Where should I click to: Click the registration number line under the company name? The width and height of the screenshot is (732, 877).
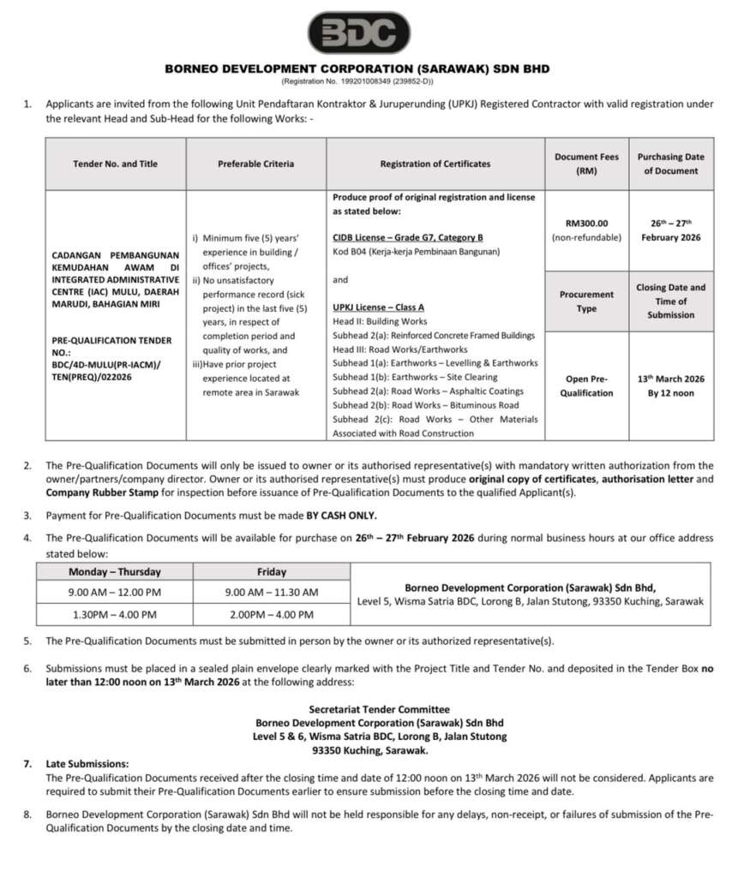(358, 81)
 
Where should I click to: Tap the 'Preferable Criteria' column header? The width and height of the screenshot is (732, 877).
(255, 164)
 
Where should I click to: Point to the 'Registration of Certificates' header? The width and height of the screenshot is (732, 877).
(435, 164)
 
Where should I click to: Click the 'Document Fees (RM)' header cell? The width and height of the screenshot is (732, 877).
(587, 164)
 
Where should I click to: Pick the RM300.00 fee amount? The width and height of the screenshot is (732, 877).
(587, 223)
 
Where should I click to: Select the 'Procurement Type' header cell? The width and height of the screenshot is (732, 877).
(587, 301)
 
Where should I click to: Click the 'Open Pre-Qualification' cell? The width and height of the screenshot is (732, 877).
(587, 385)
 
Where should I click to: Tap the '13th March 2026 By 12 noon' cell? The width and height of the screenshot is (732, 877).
(671, 385)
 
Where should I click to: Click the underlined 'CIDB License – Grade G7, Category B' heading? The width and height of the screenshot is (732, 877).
(407, 237)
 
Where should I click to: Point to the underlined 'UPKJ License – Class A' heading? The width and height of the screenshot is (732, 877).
(378, 307)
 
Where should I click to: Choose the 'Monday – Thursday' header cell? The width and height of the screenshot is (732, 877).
(115, 571)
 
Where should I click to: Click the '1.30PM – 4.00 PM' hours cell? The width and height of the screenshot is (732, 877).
(115, 614)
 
